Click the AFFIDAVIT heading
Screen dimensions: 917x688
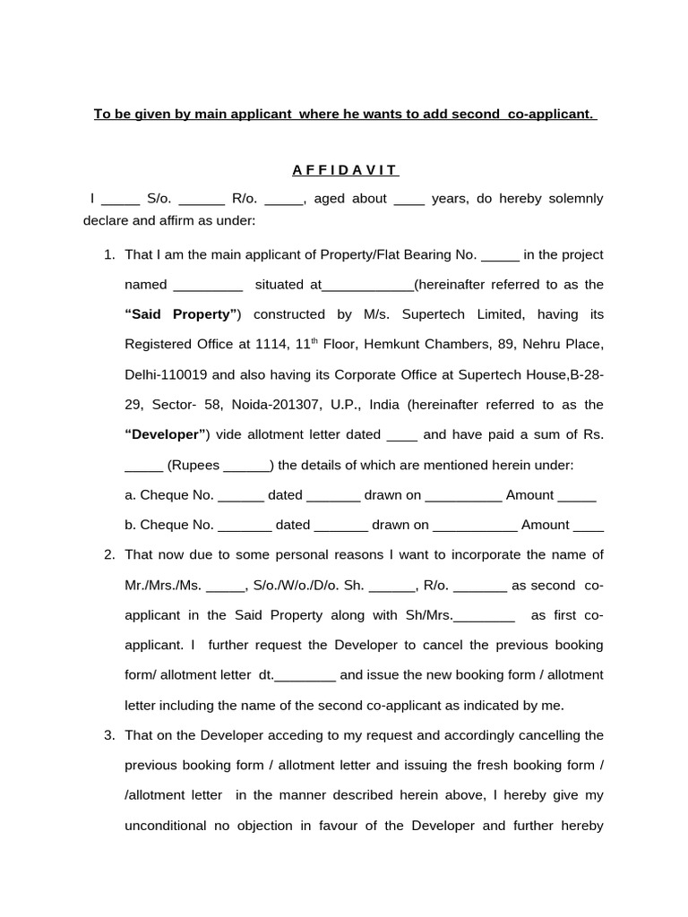[x=345, y=170]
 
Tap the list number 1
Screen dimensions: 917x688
[x=109, y=255]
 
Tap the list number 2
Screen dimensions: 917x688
[x=109, y=555]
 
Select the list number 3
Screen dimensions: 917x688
[x=109, y=735]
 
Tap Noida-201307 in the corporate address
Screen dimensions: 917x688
[x=275, y=405]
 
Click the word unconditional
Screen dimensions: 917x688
[x=164, y=826]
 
